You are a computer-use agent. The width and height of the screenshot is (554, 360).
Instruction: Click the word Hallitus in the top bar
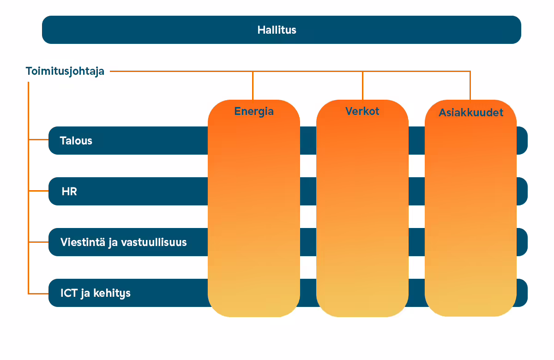277,30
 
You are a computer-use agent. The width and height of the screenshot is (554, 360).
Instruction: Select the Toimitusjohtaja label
65,72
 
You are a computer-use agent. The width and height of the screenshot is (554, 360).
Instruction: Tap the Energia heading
254,112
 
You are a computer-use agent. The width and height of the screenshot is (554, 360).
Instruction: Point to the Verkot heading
362,111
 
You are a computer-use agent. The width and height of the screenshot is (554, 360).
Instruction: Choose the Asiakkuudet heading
471,113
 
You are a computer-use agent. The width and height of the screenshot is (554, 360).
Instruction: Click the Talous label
76,141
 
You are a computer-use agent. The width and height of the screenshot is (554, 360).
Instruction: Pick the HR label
69,192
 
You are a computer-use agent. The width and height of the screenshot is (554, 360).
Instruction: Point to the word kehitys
112,294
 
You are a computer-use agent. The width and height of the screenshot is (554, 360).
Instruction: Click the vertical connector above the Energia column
253,85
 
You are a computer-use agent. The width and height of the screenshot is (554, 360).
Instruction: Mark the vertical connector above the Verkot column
362,85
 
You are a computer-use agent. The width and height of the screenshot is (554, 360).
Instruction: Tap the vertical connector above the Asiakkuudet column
470,85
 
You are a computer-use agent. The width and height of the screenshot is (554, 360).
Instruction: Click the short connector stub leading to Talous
39,140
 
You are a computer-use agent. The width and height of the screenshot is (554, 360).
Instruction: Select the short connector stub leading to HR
39,191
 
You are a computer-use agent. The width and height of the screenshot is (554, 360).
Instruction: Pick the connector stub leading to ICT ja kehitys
39,294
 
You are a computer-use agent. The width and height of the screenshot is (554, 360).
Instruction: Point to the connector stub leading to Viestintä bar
39,242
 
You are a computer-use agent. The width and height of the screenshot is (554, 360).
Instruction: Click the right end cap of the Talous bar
522,140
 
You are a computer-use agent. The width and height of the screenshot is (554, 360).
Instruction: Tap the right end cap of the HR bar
522,191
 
